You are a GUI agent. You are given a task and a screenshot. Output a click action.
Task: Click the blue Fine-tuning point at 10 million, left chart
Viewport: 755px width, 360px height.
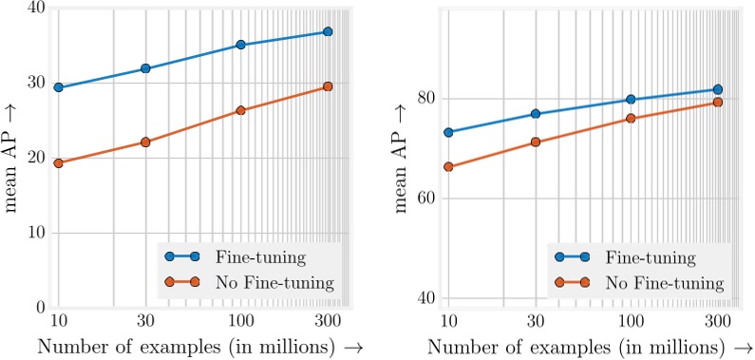coord(58,87)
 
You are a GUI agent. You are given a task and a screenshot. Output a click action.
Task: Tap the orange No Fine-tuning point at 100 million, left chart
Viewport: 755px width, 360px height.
coord(240,110)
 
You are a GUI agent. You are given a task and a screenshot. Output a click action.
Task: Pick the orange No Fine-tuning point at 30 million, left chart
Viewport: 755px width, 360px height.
coord(145,142)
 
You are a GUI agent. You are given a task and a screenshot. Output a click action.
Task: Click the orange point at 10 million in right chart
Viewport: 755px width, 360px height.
coord(448,167)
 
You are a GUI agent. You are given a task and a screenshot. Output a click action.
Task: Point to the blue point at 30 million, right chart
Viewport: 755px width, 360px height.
coord(536,114)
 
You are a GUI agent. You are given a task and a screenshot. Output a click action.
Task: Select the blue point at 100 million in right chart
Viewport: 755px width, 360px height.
coord(631,100)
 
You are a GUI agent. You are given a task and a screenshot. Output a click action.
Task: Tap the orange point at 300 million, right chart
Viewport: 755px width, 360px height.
coord(718,102)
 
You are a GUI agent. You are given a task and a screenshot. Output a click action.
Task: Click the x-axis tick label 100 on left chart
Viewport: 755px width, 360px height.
coord(240,320)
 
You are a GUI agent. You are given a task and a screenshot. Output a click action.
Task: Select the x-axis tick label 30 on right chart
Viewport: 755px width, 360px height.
coord(536,320)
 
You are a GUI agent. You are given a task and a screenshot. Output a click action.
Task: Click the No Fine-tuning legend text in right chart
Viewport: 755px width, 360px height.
coord(665,282)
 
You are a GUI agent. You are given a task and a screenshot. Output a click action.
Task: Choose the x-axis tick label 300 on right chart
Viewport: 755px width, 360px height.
coord(718,320)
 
